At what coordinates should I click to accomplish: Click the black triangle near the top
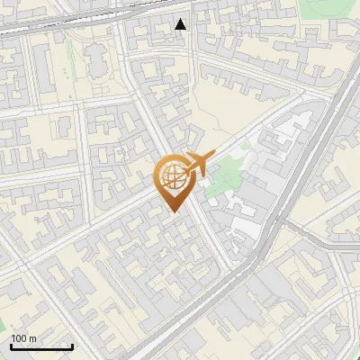point(181,24)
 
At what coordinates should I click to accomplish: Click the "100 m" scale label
point(24,338)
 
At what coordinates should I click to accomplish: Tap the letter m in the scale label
point(33,338)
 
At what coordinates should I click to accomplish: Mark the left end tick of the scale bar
point(11,346)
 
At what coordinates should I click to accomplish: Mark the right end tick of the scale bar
point(72,346)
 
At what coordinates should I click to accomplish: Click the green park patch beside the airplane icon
point(220,180)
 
